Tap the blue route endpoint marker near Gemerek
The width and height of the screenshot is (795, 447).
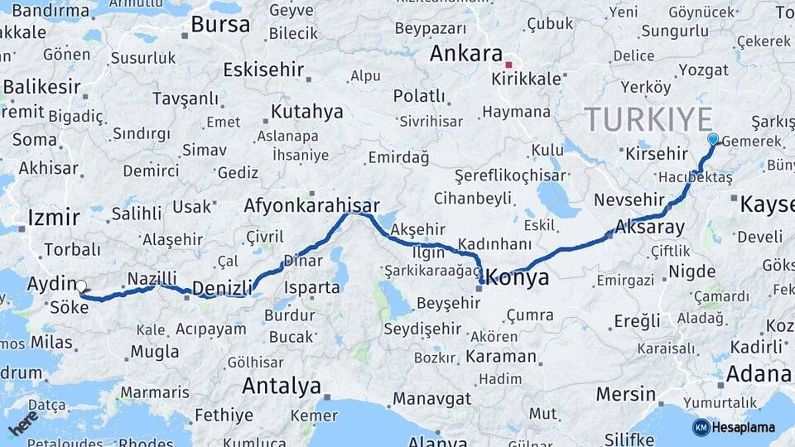coord(713,139)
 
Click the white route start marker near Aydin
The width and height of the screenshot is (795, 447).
coord(81,286)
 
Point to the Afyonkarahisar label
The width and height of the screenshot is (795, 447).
coord(312,205)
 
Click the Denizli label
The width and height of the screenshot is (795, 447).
coord(222,288)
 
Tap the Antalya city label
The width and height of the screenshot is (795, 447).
coord(282,386)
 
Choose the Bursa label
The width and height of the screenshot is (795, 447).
coord(220,24)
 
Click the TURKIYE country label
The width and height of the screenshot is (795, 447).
coord(648,119)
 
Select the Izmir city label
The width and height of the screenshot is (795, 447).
coord(54,218)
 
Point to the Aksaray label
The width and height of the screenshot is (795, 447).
coord(650,227)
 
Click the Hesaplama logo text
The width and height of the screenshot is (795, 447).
coord(743,427)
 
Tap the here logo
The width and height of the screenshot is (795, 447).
coord(23,423)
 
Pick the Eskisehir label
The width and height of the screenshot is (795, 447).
coord(264,69)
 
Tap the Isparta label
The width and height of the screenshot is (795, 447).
coord(311,288)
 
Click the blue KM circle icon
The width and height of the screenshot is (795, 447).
coord(701,427)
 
